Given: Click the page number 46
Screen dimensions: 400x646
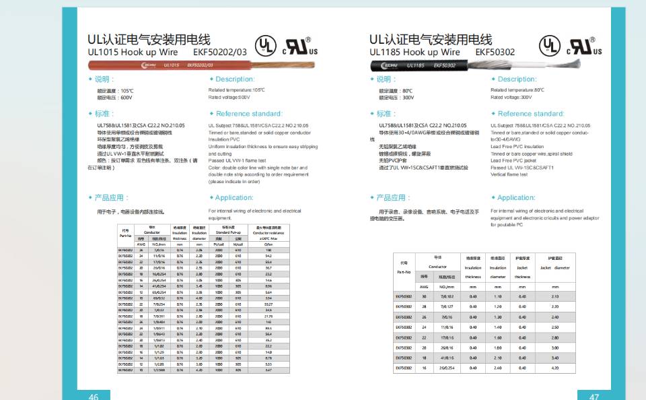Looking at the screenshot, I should pyautogui.click(x=94, y=397).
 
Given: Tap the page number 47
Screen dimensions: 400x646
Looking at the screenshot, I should pyautogui.click(x=594, y=397).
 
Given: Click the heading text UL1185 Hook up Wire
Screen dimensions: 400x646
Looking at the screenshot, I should pyautogui.click(x=415, y=52).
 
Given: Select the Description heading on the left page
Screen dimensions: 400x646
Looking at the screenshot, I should pyautogui.click(x=235, y=79).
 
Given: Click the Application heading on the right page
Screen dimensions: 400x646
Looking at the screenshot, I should pyautogui.click(x=516, y=197).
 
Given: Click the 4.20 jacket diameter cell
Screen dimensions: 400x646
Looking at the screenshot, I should pyautogui.click(x=555, y=368).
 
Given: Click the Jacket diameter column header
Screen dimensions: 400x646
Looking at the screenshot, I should pyautogui.click(x=555, y=267).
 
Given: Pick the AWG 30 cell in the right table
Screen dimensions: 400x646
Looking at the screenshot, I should pyautogui.click(x=424, y=296).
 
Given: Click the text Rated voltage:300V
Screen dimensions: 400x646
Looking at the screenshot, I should pyautogui.click(x=511, y=97).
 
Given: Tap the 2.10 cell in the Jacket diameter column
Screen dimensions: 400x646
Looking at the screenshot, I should pyautogui.click(x=555, y=296).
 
